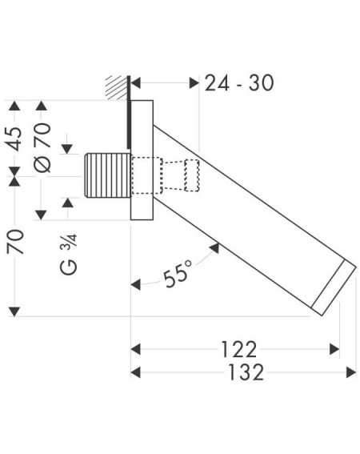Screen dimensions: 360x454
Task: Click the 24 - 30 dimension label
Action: pos(239,83)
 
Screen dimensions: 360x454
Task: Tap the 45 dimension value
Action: pos(14,139)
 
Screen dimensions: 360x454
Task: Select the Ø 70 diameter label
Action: pos(42,147)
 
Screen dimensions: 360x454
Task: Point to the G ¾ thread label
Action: pos(69,254)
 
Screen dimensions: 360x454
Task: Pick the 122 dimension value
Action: pos(239,349)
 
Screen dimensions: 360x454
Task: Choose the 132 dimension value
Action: pos(246,372)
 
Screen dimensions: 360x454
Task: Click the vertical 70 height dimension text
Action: pos(15,242)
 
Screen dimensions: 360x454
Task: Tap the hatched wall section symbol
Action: pos(116,87)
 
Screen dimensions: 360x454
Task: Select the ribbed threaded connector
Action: pos(107,175)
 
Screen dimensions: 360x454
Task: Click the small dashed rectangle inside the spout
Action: pos(192,175)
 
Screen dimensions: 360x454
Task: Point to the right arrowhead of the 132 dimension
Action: pos(351,372)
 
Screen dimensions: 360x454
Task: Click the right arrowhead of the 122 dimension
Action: pos(334,349)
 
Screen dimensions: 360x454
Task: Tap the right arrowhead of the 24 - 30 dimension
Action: pos(194,83)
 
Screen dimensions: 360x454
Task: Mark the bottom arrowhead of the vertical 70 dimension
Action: pos(14,311)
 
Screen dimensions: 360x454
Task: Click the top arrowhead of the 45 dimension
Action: pos(14,106)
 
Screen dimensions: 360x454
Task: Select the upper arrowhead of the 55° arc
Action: pos(214,248)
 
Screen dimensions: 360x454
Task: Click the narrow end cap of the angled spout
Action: pos(334,287)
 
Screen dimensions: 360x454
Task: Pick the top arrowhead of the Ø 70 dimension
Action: pos(41,106)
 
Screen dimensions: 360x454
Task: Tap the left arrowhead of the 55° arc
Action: pos(136,285)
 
